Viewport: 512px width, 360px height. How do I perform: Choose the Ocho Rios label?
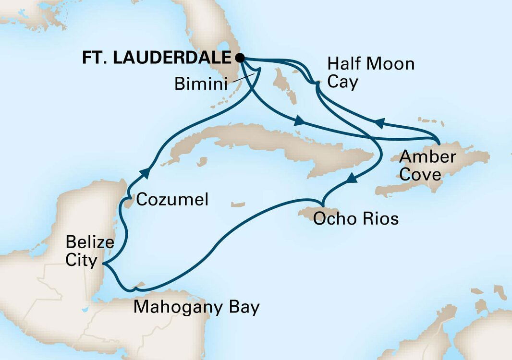[x=355, y=219]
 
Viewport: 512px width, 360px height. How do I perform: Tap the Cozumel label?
[x=172, y=200]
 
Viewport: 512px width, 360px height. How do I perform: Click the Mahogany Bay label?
[x=196, y=306]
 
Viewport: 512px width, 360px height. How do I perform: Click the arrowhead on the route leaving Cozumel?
[x=146, y=172]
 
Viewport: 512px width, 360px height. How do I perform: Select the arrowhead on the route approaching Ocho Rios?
[x=352, y=179]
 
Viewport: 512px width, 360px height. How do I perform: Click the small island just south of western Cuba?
[x=203, y=161]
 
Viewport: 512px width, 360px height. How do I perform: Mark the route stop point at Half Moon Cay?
[x=317, y=84]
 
